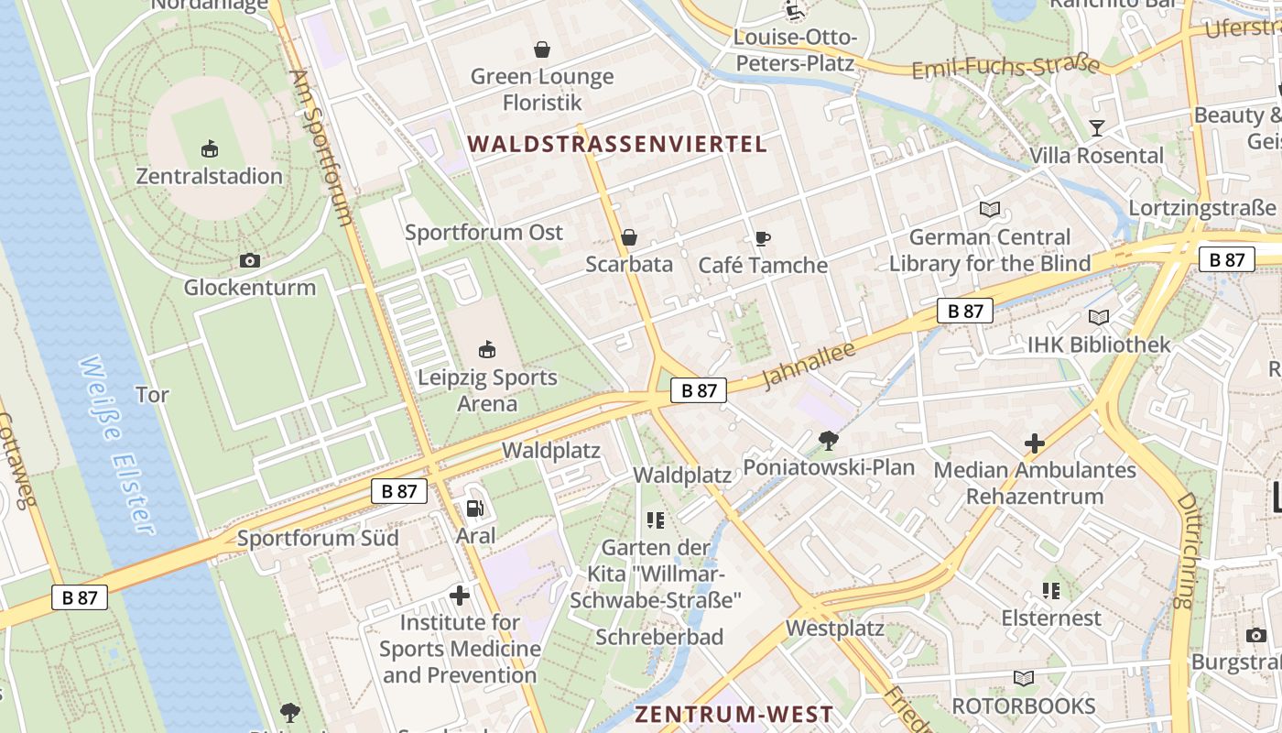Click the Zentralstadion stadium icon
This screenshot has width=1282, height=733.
(x=210, y=148)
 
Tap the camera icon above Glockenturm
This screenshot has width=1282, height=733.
(x=249, y=261)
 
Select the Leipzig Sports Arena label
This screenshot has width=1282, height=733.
(x=487, y=390)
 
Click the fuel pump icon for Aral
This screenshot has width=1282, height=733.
(x=474, y=508)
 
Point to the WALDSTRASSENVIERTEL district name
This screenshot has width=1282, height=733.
(x=617, y=144)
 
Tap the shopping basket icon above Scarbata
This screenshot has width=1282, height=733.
(x=629, y=238)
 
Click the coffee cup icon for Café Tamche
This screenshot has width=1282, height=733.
(x=762, y=239)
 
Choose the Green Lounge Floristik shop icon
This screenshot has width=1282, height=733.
(x=542, y=49)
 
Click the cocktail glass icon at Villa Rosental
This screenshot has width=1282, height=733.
(x=1096, y=128)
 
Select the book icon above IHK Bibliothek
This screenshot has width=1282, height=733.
(x=1099, y=318)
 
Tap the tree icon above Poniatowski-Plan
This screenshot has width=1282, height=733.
(x=828, y=441)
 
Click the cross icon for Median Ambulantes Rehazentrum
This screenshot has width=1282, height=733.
(x=1035, y=444)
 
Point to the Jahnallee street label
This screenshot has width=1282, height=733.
(x=809, y=364)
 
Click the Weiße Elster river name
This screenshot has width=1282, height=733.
(x=116, y=444)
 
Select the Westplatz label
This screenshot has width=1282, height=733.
(x=835, y=629)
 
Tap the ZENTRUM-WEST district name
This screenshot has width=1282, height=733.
(x=734, y=715)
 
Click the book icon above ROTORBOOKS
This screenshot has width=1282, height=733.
(x=1023, y=679)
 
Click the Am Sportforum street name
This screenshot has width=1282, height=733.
(x=320, y=147)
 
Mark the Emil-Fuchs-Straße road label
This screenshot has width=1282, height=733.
(x=1005, y=67)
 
